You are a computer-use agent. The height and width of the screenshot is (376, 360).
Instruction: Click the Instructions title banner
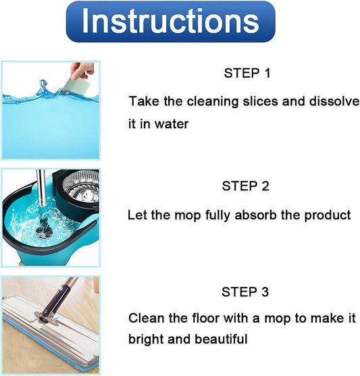click(x=170, y=22)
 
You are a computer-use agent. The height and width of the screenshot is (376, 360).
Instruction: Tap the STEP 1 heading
click(x=247, y=73)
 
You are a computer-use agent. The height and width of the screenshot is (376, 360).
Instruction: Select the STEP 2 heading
click(x=246, y=186)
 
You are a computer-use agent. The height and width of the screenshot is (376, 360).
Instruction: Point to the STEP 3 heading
click(x=245, y=292)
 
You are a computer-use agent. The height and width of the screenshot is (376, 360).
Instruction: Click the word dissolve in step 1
click(x=334, y=101)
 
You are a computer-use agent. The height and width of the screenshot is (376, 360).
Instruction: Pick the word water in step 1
click(x=172, y=124)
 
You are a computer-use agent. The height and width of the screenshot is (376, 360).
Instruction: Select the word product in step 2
click(x=328, y=215)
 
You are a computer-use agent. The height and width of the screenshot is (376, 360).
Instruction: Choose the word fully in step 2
click(x=218, y=215)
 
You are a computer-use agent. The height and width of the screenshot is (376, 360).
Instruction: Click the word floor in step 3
click(x=206, y=318)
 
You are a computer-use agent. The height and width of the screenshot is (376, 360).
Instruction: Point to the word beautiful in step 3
click(x=221, y=339)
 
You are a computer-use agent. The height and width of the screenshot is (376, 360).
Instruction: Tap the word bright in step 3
click(x=146, y=340)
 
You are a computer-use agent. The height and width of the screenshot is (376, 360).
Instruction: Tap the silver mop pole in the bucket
click(x=41, y=188)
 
